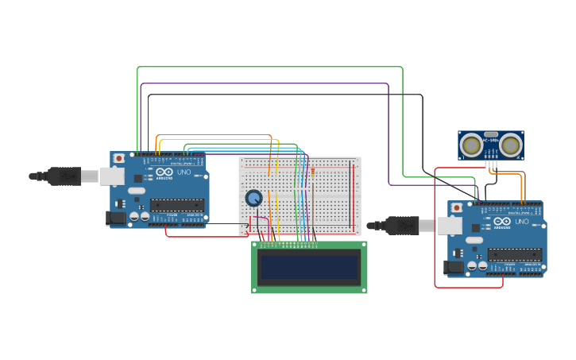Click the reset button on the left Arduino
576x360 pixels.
[x=119, y=158]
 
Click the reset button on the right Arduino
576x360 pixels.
[x=457, y=207]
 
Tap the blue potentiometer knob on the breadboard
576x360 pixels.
[x=253, y=198]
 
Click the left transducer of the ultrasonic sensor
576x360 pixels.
[x=473, y=145]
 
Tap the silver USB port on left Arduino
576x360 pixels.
[x=111, y=176]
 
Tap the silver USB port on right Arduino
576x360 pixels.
[x=449, y=226]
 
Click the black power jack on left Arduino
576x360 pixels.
[x=115, y=217]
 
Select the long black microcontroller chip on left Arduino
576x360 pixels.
[x=176, y=205]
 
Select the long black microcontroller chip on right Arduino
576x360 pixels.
[x=514, y=254]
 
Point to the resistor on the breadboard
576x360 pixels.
[x=312, y=172]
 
